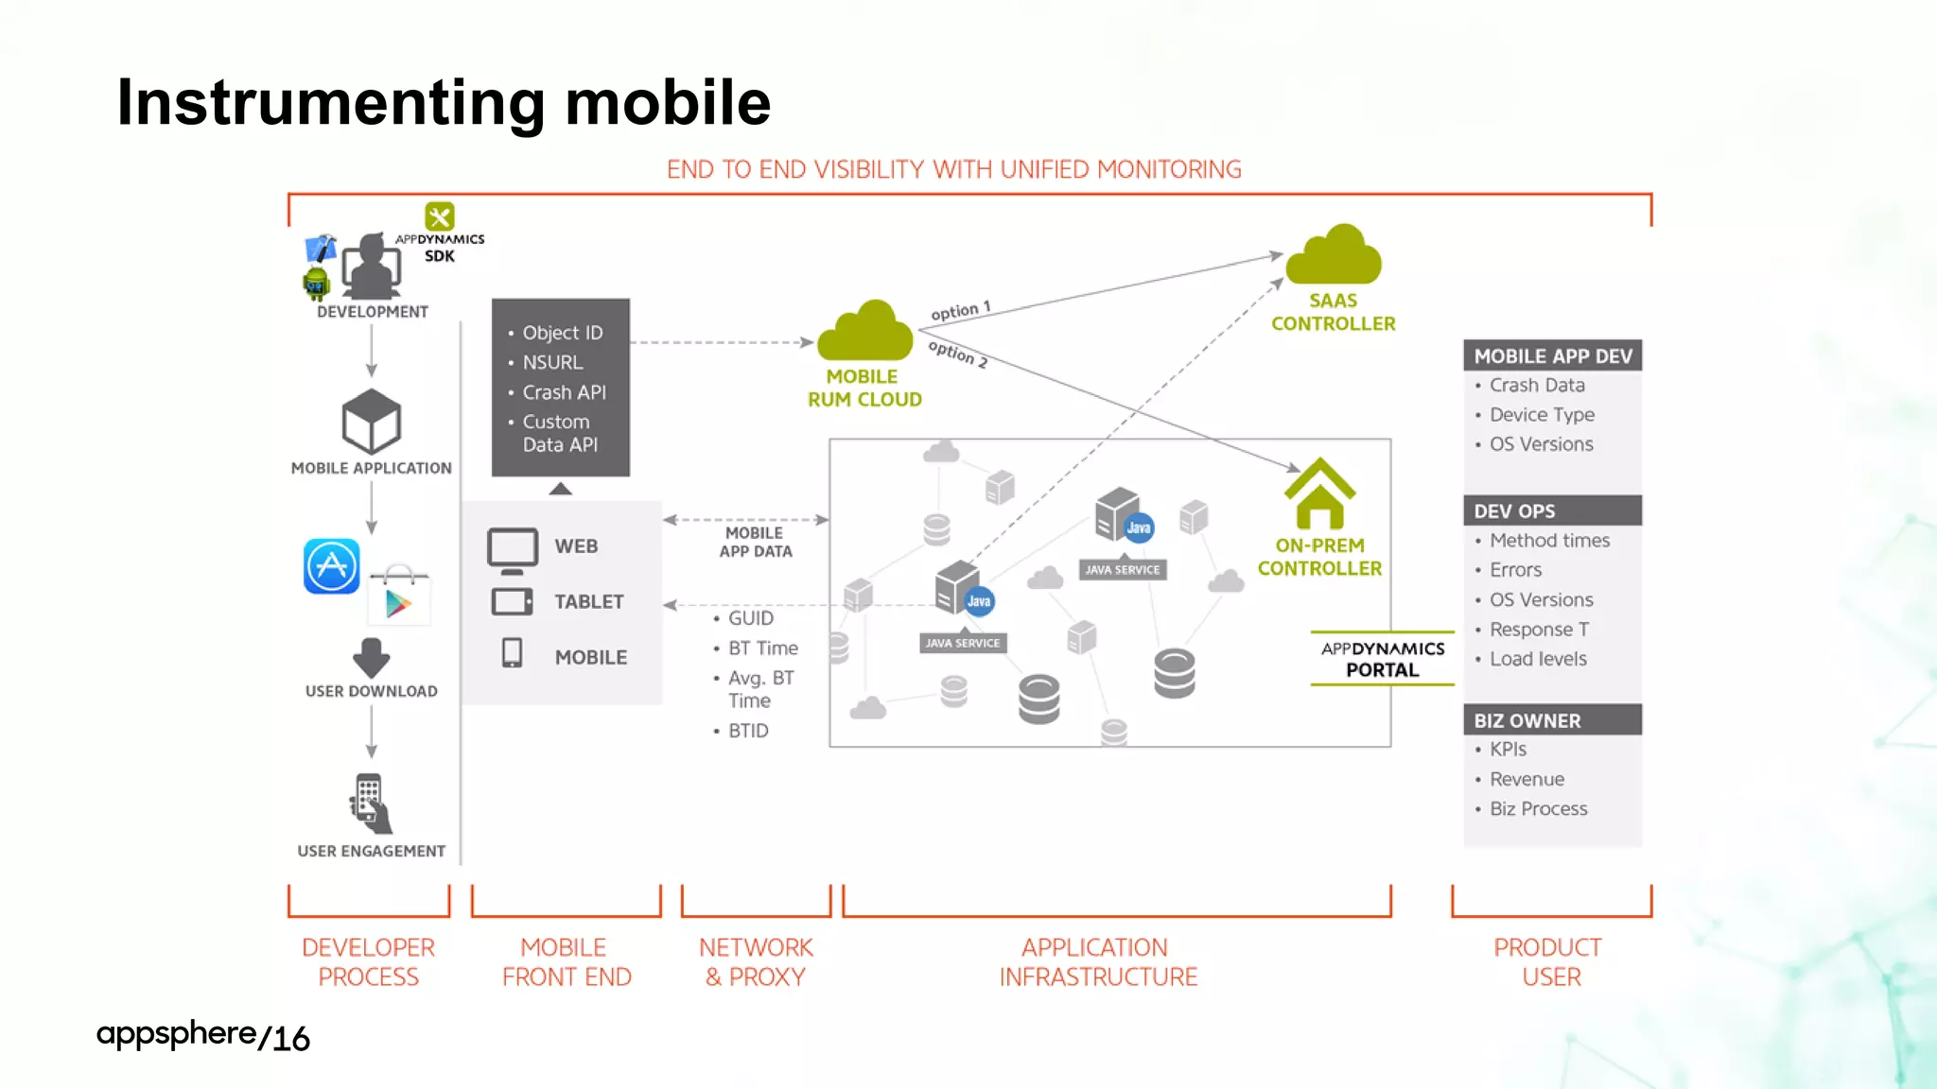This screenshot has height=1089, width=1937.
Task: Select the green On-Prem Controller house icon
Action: coord(1319,493)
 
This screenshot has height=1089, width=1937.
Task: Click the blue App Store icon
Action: coord(331,566)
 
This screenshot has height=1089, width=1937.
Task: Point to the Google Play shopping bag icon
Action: coord(399,596)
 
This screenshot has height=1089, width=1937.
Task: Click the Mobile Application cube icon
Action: coord(371,422)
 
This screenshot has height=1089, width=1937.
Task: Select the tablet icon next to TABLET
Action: coord(513,602)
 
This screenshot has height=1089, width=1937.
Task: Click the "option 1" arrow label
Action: coord(960,310)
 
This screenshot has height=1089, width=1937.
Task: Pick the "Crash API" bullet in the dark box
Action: coord(564,392)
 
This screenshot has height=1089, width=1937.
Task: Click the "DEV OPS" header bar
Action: coord(1552,510)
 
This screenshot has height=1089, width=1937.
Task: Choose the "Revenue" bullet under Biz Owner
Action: coord(1527,779)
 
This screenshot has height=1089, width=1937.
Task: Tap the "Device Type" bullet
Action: coord(1542,414)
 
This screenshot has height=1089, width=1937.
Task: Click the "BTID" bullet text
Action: coord(748,731)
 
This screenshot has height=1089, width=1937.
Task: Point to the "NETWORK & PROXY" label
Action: coord(756,961)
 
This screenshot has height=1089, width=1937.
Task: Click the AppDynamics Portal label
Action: coord(1382,659)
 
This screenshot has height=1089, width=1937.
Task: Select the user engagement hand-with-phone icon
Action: coord(370,804)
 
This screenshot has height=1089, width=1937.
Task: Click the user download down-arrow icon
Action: coord(371,657)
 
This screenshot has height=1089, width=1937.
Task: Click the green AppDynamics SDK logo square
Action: coord(440,216)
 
